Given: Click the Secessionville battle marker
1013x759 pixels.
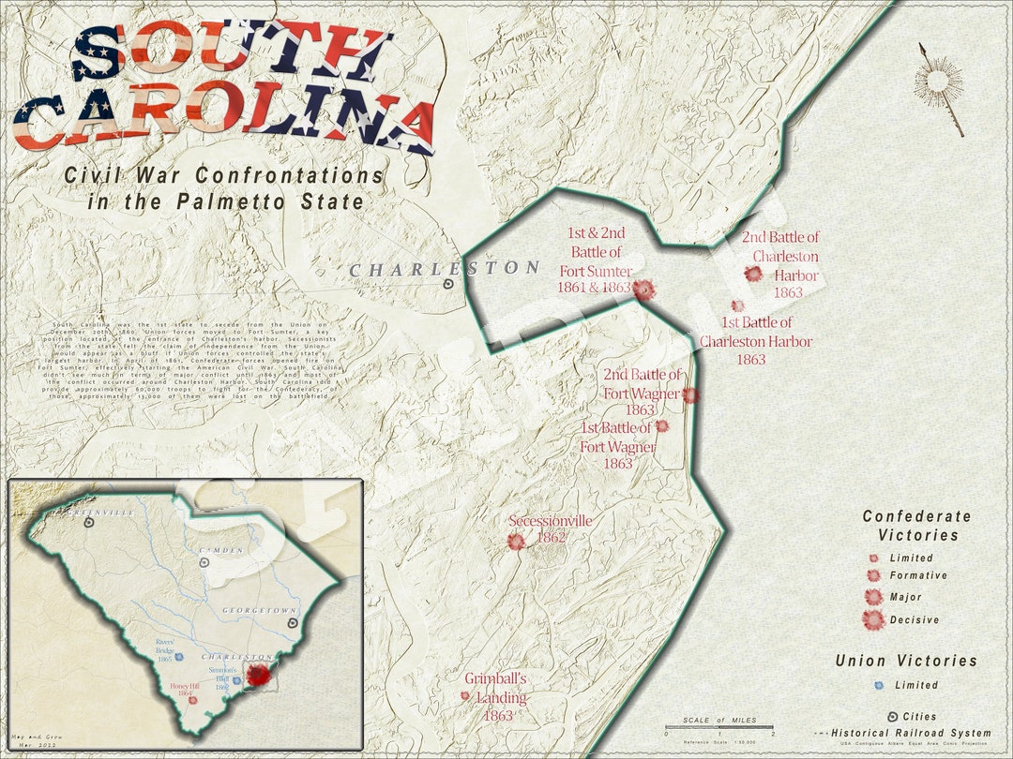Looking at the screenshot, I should pyautogui.click(x=515, y=541).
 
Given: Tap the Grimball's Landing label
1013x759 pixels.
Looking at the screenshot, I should pyautogui.click(x=496, y=696).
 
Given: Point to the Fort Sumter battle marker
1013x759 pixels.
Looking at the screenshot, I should pyautogui.click(x=643, y=290).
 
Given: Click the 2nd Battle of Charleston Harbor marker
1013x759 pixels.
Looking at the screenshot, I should pyautogui.click(x=752, y=274).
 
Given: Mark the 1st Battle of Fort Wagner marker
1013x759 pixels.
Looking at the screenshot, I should pyautogui.click(x=661, y=425).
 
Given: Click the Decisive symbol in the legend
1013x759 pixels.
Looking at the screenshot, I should pyautogui.click(x=873, y=619).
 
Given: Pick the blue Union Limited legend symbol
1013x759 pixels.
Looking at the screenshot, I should pyautogui.click(x=878, y=685).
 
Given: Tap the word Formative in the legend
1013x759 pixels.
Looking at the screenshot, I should pyautogui.click(x=918, y=575).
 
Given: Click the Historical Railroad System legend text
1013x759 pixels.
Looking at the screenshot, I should pyautogui.click(x=910, y=733).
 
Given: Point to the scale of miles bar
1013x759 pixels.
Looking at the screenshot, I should pyautogui.click(x=718, y=727).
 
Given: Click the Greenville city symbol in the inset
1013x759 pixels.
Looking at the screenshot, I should pyautogui.click(x=89, y=524).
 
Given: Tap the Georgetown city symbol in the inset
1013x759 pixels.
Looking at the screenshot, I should pyautogui.click(x=293, y=620).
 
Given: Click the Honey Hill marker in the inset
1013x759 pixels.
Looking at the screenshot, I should pyautogui.click(x=193, y=699).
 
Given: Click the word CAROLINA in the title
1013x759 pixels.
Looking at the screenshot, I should pyautogui.click(x=225, y=124).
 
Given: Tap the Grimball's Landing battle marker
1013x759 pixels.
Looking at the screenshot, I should pyautogui.click(x=464, y=696).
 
